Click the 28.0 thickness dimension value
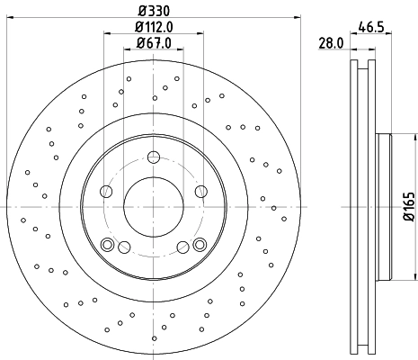(x=332, y=42)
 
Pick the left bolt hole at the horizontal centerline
(x=106, y=191)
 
